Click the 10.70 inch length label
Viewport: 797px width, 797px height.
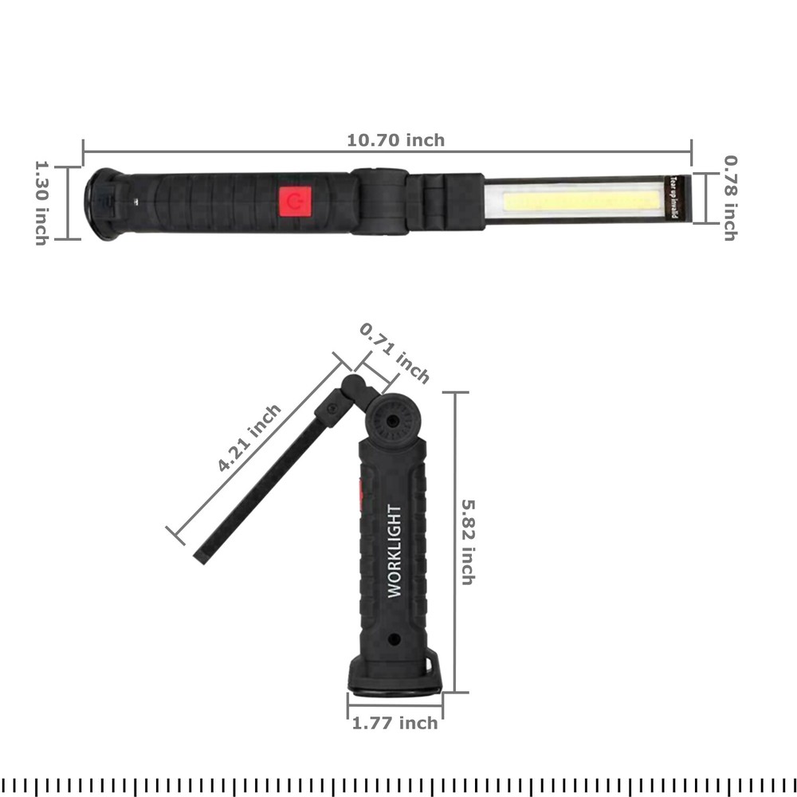[x=395, y=140]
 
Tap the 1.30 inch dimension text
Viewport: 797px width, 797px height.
[x=41, y=203]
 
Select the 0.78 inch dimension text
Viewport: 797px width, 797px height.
[x=729, y=197]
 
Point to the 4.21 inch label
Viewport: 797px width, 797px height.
[x=249, y=438]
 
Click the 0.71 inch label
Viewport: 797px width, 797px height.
[x=395, y=353]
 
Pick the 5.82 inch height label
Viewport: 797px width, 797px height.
[x=468, y=542]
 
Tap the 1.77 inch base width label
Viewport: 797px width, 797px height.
[x=395, y=723]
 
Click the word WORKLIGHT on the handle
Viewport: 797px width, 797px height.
[x=395, y=551]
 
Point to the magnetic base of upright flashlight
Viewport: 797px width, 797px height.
[x=395, y=682]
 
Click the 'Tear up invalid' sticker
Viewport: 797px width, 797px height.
[x=673, y=199]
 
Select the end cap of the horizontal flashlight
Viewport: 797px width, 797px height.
[x=102, y=203]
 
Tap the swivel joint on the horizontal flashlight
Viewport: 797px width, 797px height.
[x=379, y=201]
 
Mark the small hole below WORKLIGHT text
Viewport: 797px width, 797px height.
[x=394, y=640]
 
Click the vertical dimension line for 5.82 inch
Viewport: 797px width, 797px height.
[x=455, y=542]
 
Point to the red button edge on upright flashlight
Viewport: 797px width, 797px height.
[x=361, y=494]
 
